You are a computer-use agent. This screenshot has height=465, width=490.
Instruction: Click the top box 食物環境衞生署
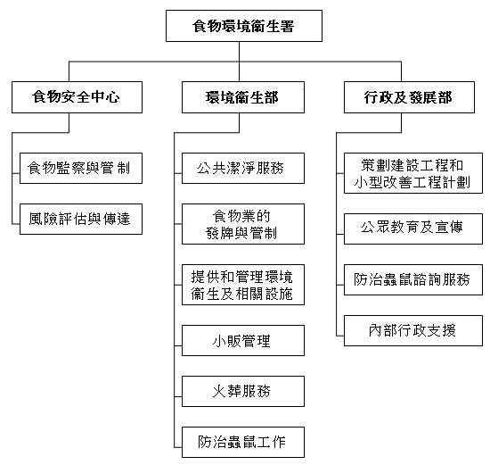tap(244, 26)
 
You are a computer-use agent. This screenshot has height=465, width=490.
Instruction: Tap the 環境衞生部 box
tap(242, 98)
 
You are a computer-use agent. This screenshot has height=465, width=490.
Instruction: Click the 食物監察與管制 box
tap(81, 167)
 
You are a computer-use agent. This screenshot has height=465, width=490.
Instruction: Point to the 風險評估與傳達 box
tap(81, 219)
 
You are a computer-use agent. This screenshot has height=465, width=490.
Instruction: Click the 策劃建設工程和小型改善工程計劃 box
tap(412, 174)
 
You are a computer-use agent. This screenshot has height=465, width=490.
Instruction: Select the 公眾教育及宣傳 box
tap(412, 227)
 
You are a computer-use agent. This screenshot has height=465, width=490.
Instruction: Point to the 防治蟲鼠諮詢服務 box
tap(412, 278)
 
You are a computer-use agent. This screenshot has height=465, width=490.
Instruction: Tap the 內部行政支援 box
tap(412, 330)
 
